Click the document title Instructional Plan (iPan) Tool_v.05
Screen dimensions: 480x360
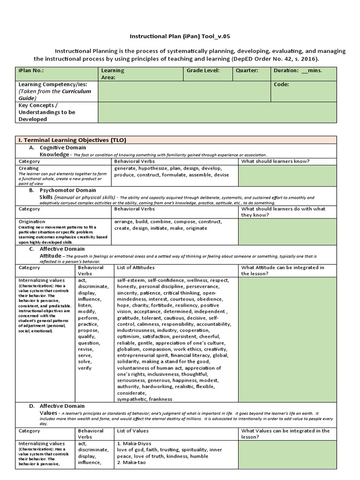180,36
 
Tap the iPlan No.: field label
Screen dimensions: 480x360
32,70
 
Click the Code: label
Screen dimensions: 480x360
282,84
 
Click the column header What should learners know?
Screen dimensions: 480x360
275,161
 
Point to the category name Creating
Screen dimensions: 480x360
29,168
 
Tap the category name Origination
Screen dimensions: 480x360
32,221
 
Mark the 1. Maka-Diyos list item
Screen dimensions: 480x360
134,443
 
